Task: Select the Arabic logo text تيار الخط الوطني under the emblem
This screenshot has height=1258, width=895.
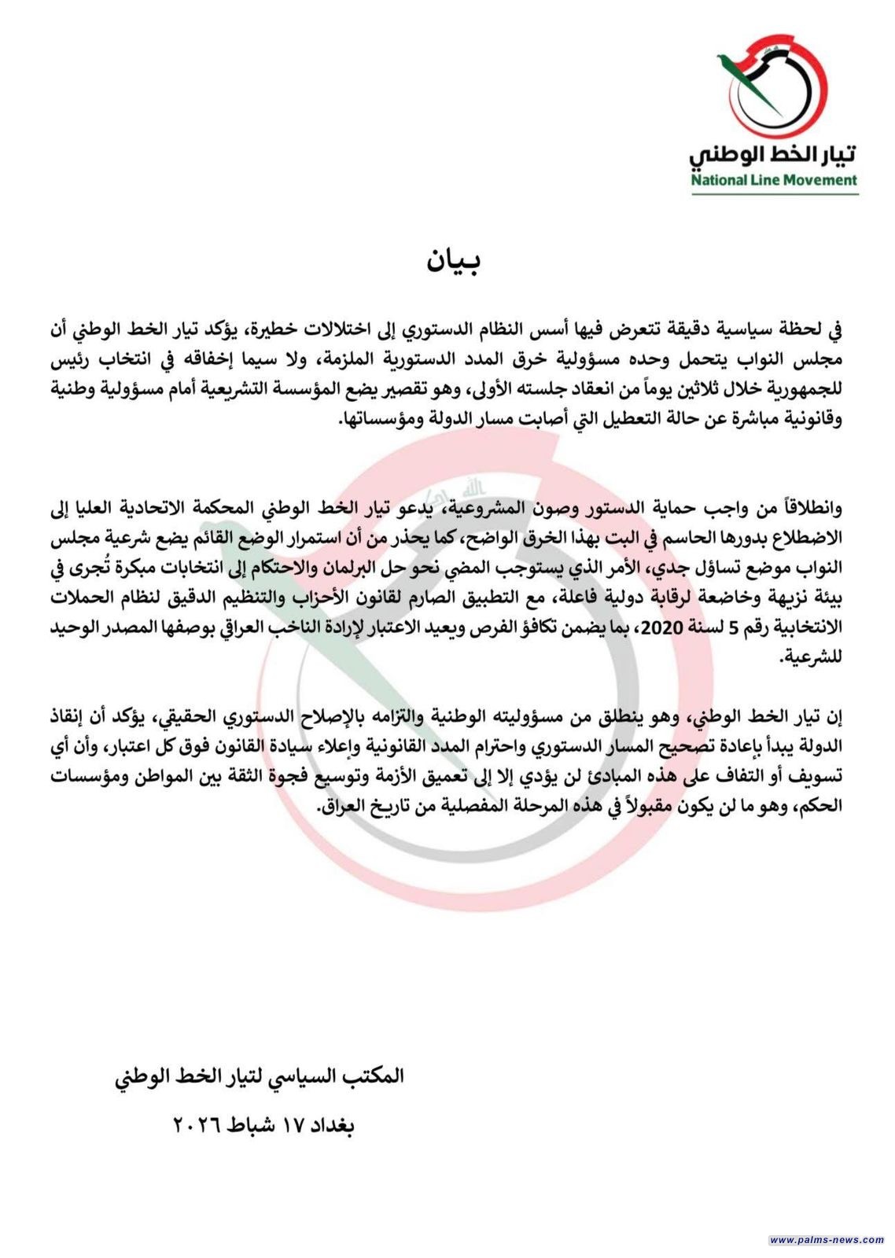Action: pos(774,152)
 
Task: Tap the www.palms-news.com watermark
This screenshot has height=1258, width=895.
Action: pos(827,1240)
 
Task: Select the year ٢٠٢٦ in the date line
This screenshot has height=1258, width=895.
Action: pos(197,1125)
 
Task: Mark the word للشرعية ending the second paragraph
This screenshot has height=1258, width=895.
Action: pos(813,657)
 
